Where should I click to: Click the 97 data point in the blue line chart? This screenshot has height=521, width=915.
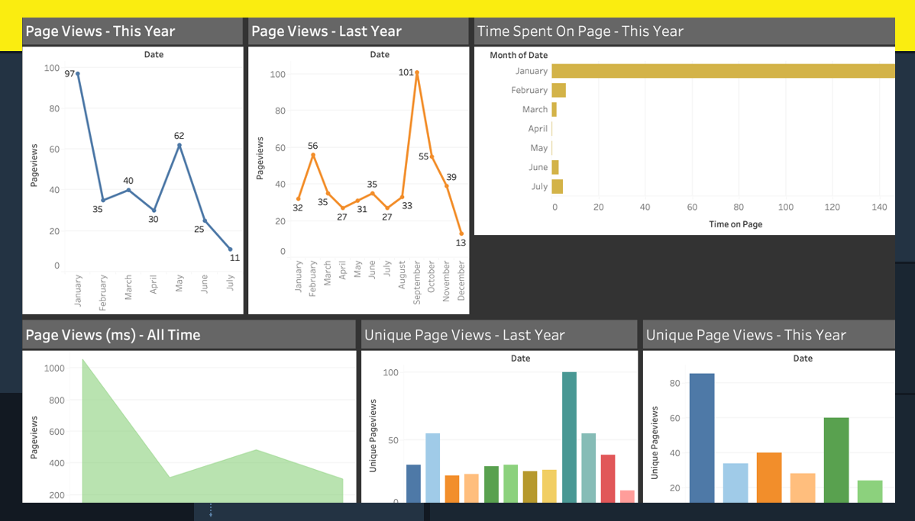click(x=78, y=74)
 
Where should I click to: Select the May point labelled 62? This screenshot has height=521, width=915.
click(x=179, y=145)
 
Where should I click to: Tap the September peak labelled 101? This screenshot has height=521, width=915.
click(x=417, y=73)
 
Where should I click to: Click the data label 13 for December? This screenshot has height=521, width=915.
click(x=461, y=243)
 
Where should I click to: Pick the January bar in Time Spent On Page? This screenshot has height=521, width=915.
click(x=723, y=71)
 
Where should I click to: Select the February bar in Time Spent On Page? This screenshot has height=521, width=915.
click(x=558, y=90)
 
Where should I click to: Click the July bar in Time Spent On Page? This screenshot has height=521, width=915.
click(x=557, y=186)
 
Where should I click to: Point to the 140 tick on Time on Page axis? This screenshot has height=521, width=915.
click(x=879, y=207)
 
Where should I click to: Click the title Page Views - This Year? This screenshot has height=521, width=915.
click(x=100, y=31)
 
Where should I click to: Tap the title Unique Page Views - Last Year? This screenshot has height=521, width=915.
click(x=464, y=335)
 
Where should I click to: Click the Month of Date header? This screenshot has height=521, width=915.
click(x=519, y=55)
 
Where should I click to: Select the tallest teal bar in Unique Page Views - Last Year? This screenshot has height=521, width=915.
click(x=569, y=436)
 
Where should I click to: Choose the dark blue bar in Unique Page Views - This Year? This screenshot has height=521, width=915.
click(x=702, y=437)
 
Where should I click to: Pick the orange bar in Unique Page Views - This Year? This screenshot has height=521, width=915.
click(x=769, y=477)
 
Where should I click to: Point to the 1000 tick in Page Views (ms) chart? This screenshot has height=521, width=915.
click(x=54, y=368)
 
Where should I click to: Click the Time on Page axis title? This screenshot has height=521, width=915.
click(x=736, y=224)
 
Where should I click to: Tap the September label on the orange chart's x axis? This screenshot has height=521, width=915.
click(x=417, y=282)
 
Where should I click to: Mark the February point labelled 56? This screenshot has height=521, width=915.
click(x=313, y=155)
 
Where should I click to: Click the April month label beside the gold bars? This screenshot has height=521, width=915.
click(x=538, y=129)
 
